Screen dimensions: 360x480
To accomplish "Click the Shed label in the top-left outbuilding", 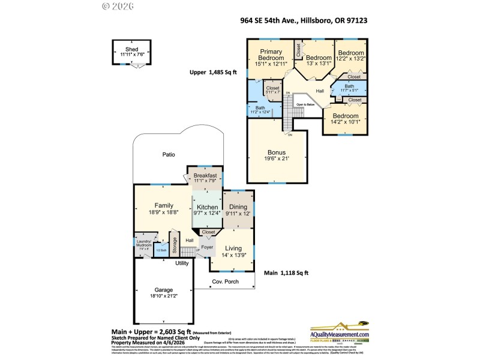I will click(x=131, y=49).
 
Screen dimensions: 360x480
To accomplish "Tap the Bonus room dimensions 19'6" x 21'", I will click(x=277, y=158).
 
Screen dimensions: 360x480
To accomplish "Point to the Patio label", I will click(x=169, y=154).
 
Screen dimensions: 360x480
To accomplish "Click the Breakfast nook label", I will click(x=205, y=175).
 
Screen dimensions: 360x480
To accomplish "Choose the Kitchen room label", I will click(x=207, y=206).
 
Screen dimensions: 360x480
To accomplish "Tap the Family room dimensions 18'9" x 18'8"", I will click(x=164, y=212).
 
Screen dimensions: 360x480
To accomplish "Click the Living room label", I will click(x=233, y=248).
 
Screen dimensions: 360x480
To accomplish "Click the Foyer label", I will click(x=207, y=246).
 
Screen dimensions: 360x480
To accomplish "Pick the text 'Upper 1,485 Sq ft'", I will click(x=214, y=73).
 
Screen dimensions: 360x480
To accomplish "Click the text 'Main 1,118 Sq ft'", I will click(x=286, y=273).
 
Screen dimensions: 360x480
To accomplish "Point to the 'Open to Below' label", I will click(x=305, y=104).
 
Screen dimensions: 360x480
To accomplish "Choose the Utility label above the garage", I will click(x=182, y=263).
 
